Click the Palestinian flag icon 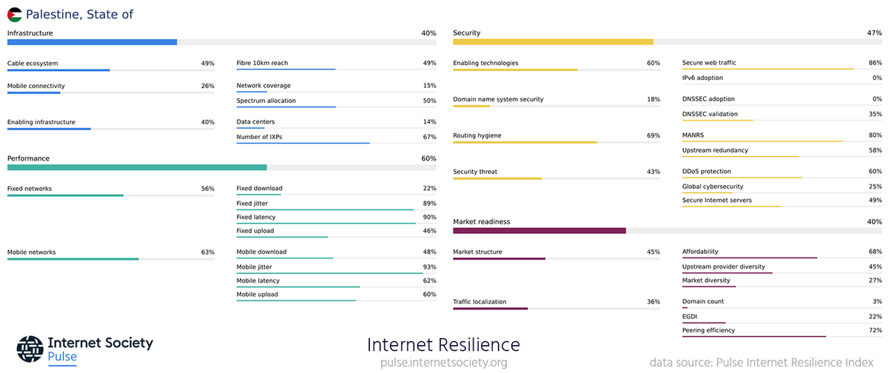(x=15, y=14)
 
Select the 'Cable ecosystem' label (x=33, y=64)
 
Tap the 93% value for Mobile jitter (x=429, y=266)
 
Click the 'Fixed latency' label (x=256, y=217)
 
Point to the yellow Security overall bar (x=553, y=42)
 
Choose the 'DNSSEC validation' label (x=710, y=114)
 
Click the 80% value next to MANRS (x=875, y=135)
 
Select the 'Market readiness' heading (x=482, y=221)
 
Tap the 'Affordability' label (x=700, y=252)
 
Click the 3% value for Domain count (x=877, y=301)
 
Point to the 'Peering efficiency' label (x=709, y=330)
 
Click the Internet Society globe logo (x=30, y=349)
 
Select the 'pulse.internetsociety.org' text (x=443, y=363)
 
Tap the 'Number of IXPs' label (x=259, y=137)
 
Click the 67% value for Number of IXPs (x=429, y=137)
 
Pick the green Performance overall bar (x=137, y=167)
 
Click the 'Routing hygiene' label (x=477, y=135)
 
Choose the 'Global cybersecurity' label (x=713, y=186)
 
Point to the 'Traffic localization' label (x=480, y=302)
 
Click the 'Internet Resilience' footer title (x=443, y=345)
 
